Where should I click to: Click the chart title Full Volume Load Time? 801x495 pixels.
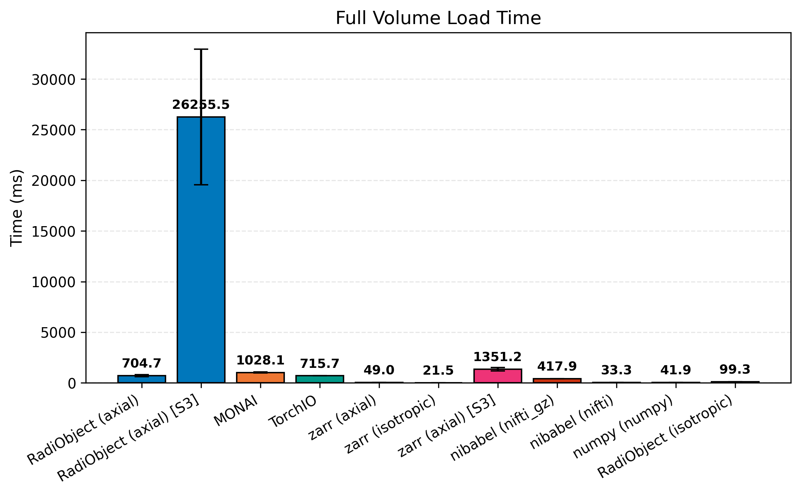tap(438, 18)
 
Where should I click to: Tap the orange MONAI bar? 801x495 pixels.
tap(260, 377)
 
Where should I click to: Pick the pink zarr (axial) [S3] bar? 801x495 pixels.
tap(497, 376)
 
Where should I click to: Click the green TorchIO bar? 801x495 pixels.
tap(319, 379)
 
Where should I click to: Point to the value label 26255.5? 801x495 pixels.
tap(201, 105)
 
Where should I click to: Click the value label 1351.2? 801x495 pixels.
tap(497, 357)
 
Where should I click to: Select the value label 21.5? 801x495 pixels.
tap(438, 370)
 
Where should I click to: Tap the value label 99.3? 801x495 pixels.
tap(735, 369)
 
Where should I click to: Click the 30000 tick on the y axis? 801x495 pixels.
tap(53, 80)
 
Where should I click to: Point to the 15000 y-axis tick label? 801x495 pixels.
tap(53, 232)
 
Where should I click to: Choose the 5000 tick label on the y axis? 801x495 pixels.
tap(58, 333)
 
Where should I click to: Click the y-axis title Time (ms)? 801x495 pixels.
tap(16, 208)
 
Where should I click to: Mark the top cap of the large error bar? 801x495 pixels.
tap(201, 49)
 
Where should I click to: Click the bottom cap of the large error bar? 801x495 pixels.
tap(201, 185)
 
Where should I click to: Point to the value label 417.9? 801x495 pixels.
tap(557, 366)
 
